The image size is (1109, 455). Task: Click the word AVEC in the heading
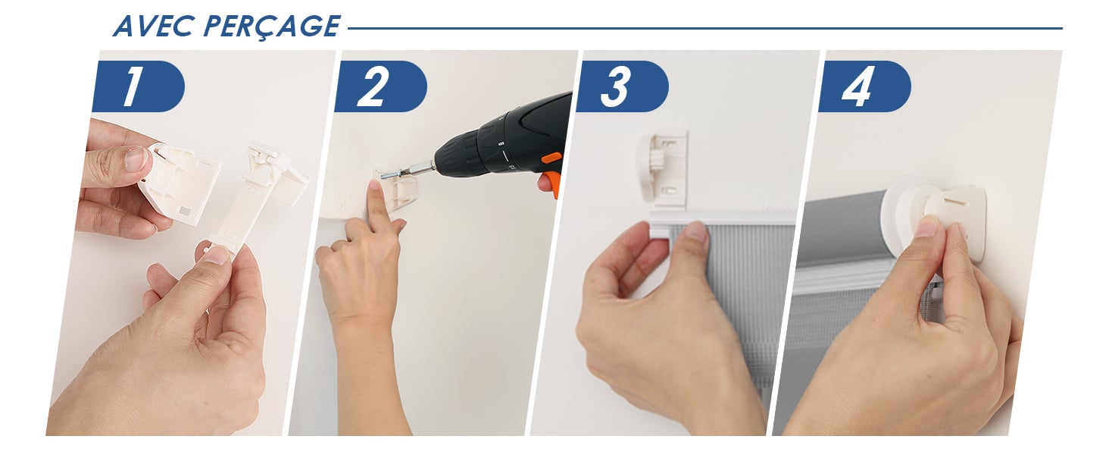click(x=152, y=27)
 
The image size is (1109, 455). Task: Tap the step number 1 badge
click(x=138, y=86)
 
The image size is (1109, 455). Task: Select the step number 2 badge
click(x=380, y=86)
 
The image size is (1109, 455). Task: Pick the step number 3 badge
click(x=622, y=86)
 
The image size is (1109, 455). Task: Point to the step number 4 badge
click(x=864, y=86)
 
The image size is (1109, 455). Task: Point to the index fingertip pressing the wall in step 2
click(x=376, y=187)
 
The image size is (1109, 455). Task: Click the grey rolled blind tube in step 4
click(x=842, y=229)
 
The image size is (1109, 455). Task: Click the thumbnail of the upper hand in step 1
click(x=135, y=158)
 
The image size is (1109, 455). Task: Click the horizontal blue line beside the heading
click(x=705, y=28)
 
